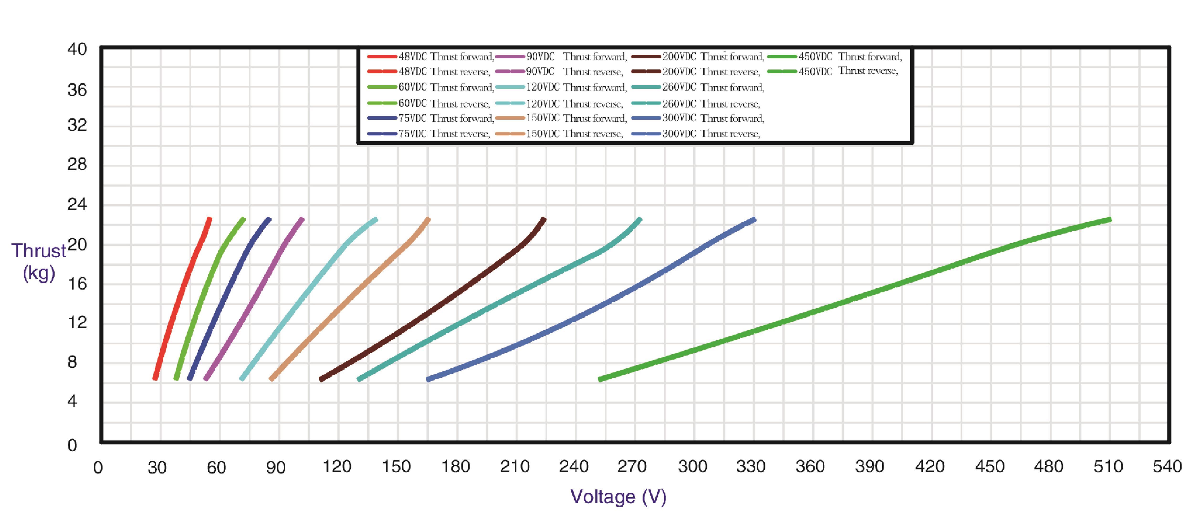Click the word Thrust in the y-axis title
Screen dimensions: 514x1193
tap(39, 251)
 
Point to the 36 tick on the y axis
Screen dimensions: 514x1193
tap(77, 90)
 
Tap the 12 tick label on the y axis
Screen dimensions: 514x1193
tap(77, 322)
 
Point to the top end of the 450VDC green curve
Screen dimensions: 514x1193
tap(1110, 220)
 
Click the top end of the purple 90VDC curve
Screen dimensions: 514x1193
tap(302, 219)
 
